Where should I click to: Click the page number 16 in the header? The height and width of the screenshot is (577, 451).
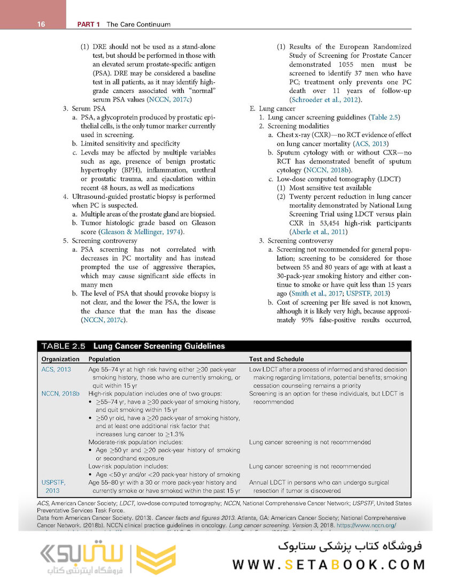click(x=41, y=25)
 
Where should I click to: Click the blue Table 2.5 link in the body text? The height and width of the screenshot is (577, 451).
click(x=385, y=118)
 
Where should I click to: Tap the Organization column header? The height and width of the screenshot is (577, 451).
click(x=60, y=359)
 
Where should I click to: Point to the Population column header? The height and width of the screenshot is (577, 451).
click(x=104, y=359)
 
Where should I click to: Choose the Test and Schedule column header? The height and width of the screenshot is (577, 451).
click(x=276, y=359)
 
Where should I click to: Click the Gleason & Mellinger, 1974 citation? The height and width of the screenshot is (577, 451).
click(x=141, y=232)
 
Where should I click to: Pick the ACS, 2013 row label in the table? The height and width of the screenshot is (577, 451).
click(x=56, y=369)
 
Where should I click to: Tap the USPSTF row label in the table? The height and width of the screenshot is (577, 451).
click(x=53, y=482)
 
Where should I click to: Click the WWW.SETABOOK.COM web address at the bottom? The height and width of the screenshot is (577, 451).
click(x=329, y=564)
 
